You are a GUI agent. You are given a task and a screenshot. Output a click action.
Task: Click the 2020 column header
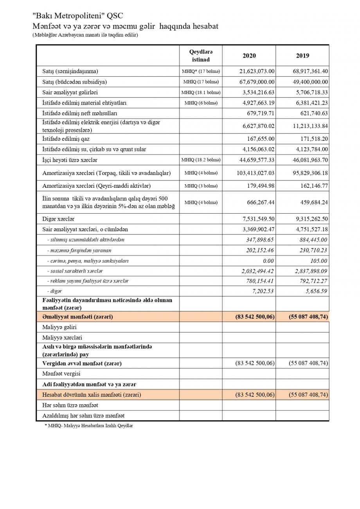click(x=249, y=56)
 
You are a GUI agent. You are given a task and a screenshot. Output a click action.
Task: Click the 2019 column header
click(x=302, y=56)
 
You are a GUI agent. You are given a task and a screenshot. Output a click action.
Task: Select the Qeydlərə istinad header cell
click(x=201, y=56)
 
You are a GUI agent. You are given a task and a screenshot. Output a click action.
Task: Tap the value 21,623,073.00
click(x=257, y=71)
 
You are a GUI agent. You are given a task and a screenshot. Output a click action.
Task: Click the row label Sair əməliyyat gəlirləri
click(x=70, y=92)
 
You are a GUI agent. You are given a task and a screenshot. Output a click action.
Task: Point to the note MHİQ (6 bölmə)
click(x=201, y=103)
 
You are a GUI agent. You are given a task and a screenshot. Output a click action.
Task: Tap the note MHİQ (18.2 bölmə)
click(x=201, y=160)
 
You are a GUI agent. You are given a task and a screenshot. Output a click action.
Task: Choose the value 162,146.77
click(x=312, y=186)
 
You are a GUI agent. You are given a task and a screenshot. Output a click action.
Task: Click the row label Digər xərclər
click(x=58, y=219)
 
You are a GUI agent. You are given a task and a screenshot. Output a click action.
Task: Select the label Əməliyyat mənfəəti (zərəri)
click(x=77, y=317)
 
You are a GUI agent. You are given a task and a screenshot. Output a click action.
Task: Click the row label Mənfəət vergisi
click(x=61, y=374)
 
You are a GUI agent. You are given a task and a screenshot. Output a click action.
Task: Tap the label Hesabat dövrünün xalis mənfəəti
click(x=92, y=395)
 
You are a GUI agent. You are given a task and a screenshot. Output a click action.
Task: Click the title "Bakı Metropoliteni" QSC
click(x=77, y=16)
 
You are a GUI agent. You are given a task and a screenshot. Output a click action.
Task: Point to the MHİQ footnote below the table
click(x=88, y=426)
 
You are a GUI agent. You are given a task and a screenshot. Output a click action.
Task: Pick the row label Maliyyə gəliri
click(x=59, y=327)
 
